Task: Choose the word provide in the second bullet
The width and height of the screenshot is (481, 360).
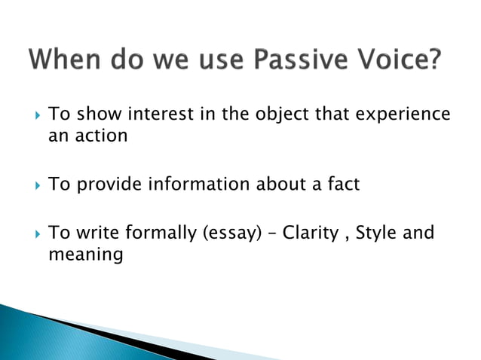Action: click(x=104, y=183)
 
